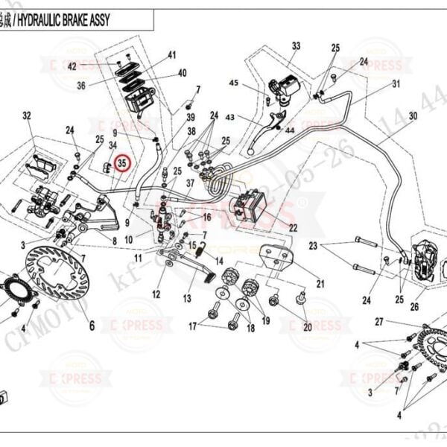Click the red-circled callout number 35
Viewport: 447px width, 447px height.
tap(123, 161)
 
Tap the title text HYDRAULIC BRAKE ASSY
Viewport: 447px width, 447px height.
tap(71, 20)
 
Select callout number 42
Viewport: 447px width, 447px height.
tap(72, 66)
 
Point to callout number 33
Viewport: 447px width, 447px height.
tap(296, 46)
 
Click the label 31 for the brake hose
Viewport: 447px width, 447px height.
tap(396, 83)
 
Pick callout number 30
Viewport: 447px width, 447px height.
tap(413, 116)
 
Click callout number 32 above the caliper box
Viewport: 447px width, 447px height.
tap(27, 115)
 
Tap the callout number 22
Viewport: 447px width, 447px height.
tap(293, 227)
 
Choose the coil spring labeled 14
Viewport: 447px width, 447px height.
tap(199, 250)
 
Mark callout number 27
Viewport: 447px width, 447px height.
tap(378, 322)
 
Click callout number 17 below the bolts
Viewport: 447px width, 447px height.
tap(193, 326)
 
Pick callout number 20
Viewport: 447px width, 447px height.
tap(307, 327)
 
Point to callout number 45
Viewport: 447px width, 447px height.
tap(233, 83)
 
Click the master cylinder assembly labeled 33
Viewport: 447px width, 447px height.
tap(284, 88)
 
